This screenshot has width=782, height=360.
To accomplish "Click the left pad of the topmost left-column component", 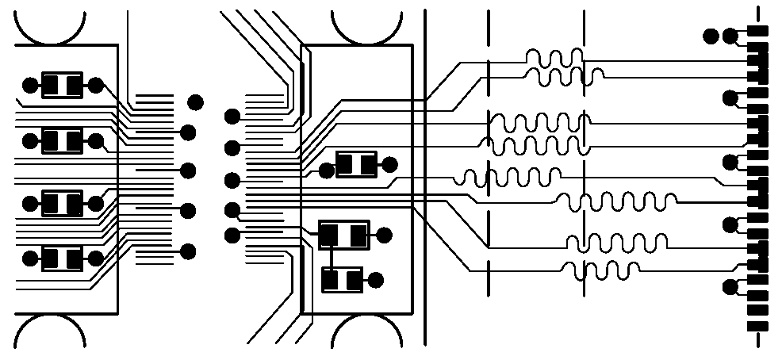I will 51,85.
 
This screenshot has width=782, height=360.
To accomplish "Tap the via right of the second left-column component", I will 97,142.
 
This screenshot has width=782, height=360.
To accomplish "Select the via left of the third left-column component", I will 30,204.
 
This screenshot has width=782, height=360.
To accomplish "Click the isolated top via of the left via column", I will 194,101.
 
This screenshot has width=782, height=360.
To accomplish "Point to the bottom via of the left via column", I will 189,251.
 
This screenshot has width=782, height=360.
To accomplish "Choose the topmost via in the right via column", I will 232,117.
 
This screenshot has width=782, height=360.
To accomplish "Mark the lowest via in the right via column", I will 232,235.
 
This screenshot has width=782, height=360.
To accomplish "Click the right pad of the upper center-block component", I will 368,165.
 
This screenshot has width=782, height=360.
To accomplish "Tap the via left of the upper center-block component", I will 325,170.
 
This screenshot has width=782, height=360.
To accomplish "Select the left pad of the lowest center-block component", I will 332,279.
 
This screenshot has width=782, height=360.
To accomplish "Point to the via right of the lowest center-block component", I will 376,279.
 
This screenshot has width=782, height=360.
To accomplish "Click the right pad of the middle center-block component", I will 358,235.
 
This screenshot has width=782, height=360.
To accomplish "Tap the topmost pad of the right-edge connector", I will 759,31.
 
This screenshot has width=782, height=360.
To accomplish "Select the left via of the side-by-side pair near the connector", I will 711,35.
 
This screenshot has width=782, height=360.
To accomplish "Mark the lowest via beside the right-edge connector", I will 730,287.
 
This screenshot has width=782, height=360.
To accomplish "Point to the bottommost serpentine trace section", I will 600,270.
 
